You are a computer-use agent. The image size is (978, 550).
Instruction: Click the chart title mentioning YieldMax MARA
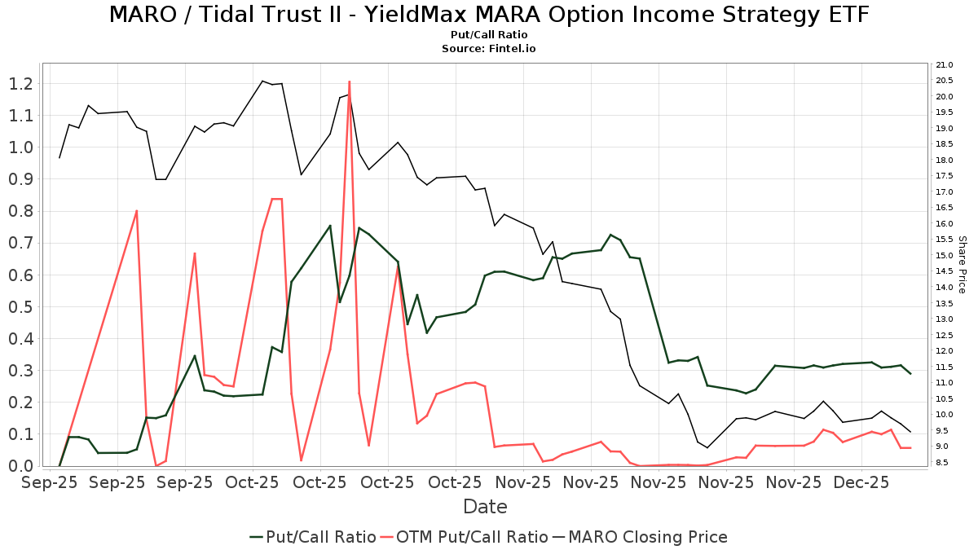[488, 15]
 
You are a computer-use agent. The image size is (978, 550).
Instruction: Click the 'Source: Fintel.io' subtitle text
[488, 48]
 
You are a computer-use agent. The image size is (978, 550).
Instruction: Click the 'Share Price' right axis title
[962, 265]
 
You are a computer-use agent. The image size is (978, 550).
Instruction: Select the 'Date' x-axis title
[485, 507]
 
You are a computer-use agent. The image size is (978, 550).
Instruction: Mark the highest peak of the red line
[350, 81]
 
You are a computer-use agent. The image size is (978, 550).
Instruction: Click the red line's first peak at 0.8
[136, 210]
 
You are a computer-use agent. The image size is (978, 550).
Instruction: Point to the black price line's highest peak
[262, 81]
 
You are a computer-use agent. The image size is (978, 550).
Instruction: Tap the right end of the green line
[910, 373]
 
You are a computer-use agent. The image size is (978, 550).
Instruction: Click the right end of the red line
[910, 448]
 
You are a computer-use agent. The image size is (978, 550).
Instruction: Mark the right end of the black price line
[910, 432]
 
